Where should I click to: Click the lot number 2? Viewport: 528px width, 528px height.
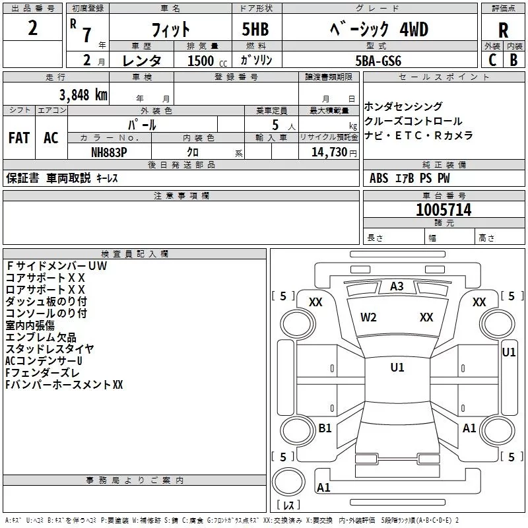(33, 29)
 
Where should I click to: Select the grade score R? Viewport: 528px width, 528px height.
(503, 30)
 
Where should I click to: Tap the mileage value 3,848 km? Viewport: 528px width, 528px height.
(82, 94)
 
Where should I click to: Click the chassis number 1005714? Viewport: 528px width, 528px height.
(444, 210)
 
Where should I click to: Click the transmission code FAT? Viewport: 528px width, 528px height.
(18, 138)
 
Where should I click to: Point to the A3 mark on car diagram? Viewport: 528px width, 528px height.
(397, 286)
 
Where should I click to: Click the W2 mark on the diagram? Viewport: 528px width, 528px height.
(368, 317)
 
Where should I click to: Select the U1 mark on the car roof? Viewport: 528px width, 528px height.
(397, 368)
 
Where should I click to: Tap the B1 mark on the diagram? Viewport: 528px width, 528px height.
(325, 428)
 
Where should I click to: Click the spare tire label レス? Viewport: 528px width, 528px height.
(289, 506)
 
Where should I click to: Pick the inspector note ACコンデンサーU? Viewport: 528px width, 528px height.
(44, 361)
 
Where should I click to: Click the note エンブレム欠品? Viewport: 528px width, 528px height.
(41, 337)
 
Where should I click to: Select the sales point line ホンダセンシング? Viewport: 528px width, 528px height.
(403, 107)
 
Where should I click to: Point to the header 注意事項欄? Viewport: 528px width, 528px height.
(181, 196)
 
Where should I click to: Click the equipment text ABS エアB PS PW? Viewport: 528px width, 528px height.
(410, 178)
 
